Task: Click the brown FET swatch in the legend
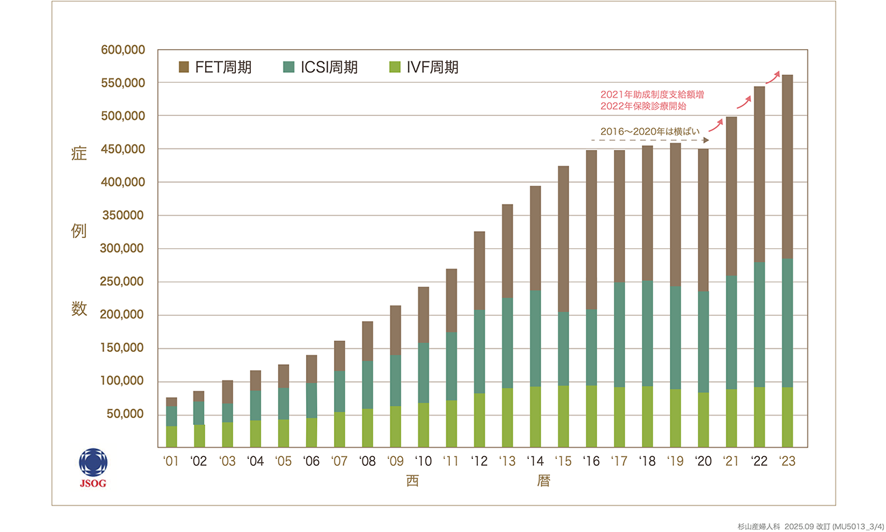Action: tap(183, 67)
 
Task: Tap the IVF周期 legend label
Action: tap(432, 67)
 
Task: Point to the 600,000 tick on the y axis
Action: tap(123, 50)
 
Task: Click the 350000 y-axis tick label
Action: tap(123, 216)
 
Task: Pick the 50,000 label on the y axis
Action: tap(126, 415)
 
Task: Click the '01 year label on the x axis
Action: tap(171, 461)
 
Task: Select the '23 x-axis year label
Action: tap(787, 461)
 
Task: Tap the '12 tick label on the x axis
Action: tap(479, 461)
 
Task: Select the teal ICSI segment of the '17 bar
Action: tap(619, 334)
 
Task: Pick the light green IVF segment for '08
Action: tap(367, 428)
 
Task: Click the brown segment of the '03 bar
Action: tap(227, 391)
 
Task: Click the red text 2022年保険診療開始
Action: tap(643, 106)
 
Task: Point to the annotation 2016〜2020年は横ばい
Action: tap(643, 130)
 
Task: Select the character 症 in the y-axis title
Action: tap(79, 154)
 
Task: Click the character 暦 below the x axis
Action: tap(543, 481)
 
